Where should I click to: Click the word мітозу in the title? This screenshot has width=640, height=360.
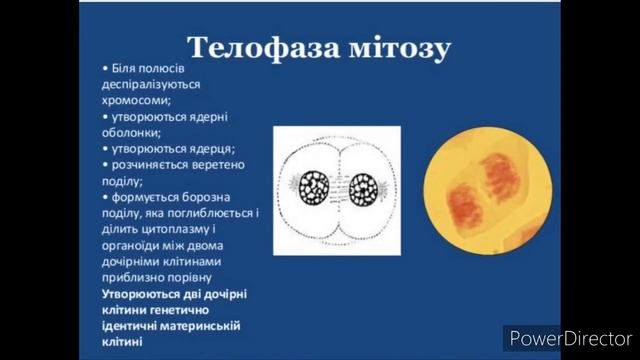[x=397, y=48]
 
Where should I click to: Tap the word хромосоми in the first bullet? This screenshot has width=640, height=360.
[x=136, y=100]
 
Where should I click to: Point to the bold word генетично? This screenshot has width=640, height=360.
[x=179, y=310]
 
